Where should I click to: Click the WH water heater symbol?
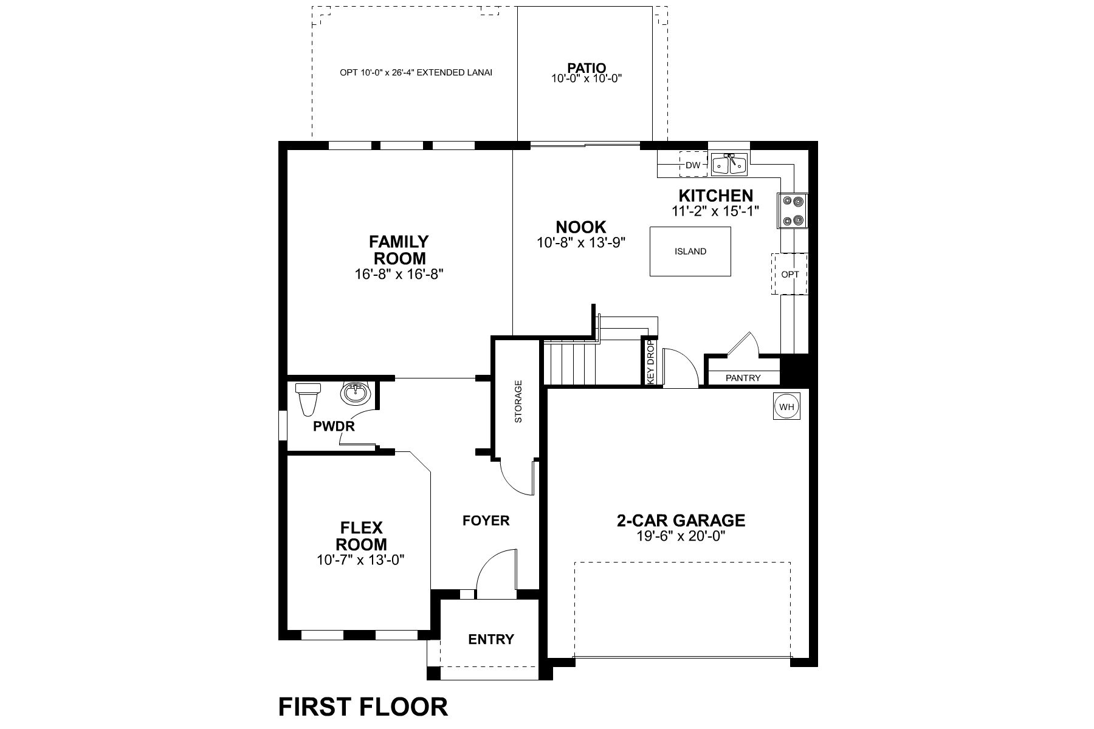(786, 407)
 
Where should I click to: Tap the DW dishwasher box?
(693, 165)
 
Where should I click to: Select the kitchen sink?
(729, 164)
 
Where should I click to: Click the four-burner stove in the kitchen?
(793, 211)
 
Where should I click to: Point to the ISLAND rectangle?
(690, 252)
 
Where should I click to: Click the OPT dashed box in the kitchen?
(790, 275)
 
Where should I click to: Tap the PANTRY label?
(743, 378)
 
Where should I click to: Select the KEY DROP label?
(650, 361)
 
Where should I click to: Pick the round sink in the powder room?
(356, 394)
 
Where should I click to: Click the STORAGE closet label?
(518, 402)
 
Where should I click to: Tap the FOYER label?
(486, 521)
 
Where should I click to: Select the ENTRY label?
(491, 639)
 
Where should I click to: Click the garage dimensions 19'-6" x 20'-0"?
(681, 536)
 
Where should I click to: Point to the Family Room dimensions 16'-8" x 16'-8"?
(399, 274)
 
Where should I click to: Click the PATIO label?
(587, 67)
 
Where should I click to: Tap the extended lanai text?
(416, 72)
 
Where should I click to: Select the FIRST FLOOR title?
(363, 707)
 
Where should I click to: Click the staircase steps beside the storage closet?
(568, 363)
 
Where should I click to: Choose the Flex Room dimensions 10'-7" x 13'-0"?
(360, 560)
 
